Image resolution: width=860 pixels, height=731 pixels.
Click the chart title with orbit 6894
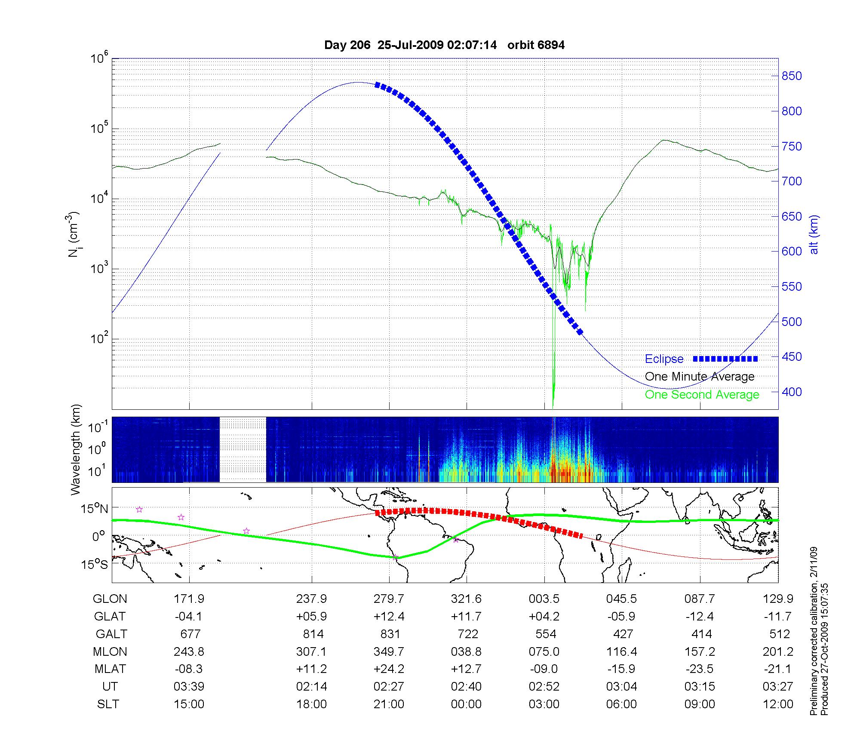(444, 45)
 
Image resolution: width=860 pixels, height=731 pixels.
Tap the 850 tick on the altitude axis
(791, 76)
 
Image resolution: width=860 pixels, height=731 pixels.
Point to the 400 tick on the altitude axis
(791, 392)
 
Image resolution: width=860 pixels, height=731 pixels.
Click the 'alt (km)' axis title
(814, 234)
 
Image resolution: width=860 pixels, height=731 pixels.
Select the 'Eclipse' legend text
(664, 359)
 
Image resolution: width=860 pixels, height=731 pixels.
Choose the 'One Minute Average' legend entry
(700, 377)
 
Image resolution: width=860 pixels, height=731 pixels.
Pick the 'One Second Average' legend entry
(702, 395)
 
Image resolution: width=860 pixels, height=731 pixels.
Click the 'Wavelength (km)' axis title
(76, 449)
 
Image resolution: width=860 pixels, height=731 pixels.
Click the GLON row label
(110, 599)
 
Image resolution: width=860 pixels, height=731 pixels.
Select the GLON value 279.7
(389, 599)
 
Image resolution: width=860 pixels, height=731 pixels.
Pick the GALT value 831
(390, 634)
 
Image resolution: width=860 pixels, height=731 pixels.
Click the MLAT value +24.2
(389, 669)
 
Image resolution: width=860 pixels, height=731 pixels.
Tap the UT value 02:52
(544, 687)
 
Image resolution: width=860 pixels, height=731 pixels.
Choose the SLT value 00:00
(466, 704)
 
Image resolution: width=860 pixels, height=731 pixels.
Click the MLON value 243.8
(189, 652)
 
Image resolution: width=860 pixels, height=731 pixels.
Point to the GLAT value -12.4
(700, 617)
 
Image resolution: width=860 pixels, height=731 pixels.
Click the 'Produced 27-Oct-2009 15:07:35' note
(824, 649)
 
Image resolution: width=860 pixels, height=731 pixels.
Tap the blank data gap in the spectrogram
(243, 449)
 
